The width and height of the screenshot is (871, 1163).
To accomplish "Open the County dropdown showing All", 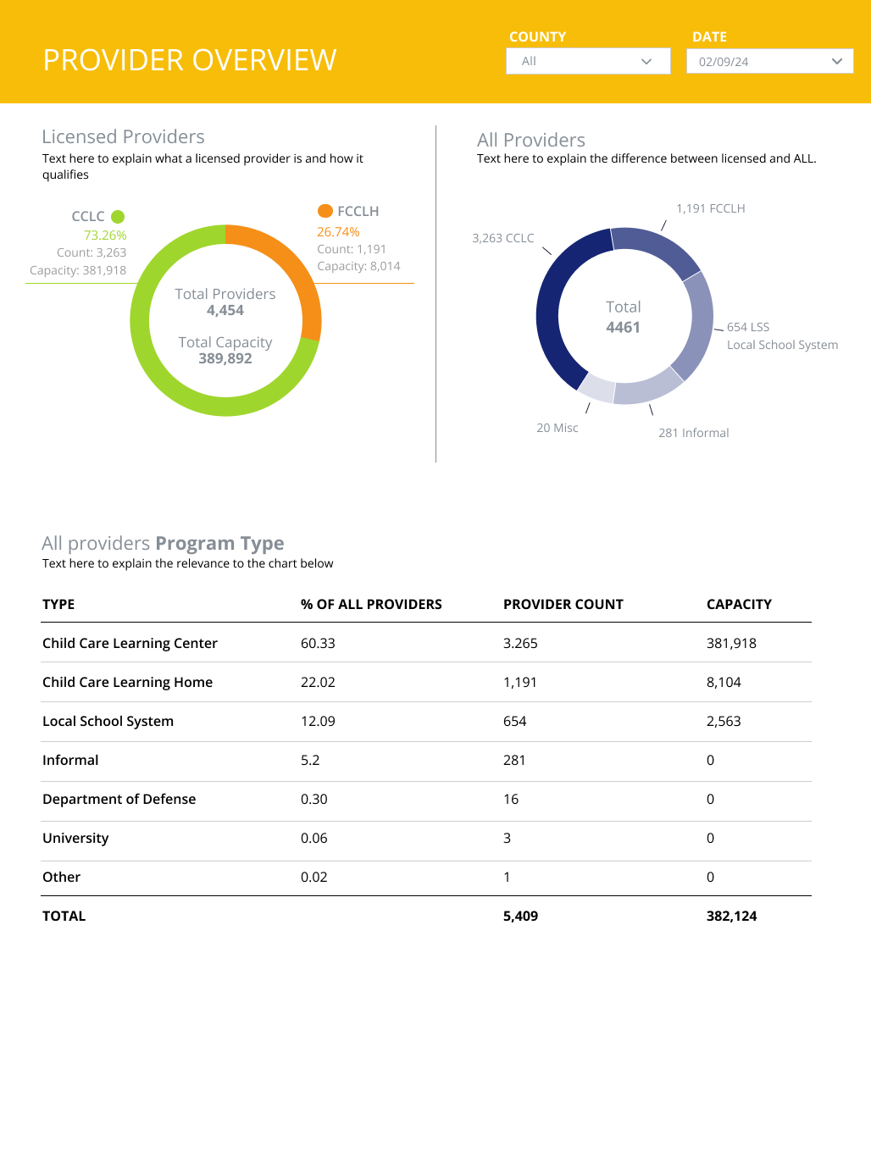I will [x=588, y=61].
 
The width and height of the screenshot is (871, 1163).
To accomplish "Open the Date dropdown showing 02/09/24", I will [x=769, y=61].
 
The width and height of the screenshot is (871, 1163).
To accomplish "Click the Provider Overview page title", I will [x=190, y=60].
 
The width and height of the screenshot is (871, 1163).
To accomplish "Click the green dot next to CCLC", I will [x=118, y=217].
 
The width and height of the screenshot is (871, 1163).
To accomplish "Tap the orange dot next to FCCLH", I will [x=325, y=211].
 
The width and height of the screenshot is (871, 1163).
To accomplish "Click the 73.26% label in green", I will [x=105, y=235].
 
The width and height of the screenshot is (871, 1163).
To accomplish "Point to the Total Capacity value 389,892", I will [x=225, y=358].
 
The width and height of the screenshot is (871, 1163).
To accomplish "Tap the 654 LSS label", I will [x=748, y=327].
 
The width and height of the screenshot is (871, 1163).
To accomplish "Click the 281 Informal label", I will [x=693, y=433].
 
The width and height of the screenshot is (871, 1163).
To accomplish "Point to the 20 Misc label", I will [x=557, y=428].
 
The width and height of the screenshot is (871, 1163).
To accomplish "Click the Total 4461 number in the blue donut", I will [x=623, y=327].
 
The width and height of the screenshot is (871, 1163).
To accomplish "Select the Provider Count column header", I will [x=563, y=604].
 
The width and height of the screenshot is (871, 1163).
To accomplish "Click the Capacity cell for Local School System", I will [x=724, y=721].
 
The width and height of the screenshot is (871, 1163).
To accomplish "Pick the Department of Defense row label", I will [x=119, y=799].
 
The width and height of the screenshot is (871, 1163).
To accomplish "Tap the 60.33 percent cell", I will [x=318, y=643].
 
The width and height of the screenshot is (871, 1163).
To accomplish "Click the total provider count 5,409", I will [x=520, y=916].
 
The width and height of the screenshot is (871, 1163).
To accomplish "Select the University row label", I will [x=75, y=838].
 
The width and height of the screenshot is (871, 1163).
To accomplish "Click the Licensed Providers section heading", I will [x=123, y=136].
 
